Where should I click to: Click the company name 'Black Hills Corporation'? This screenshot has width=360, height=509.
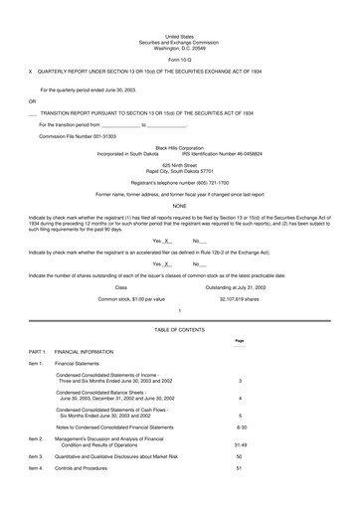click(179, 147)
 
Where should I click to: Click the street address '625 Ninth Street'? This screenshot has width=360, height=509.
click(179, 165)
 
